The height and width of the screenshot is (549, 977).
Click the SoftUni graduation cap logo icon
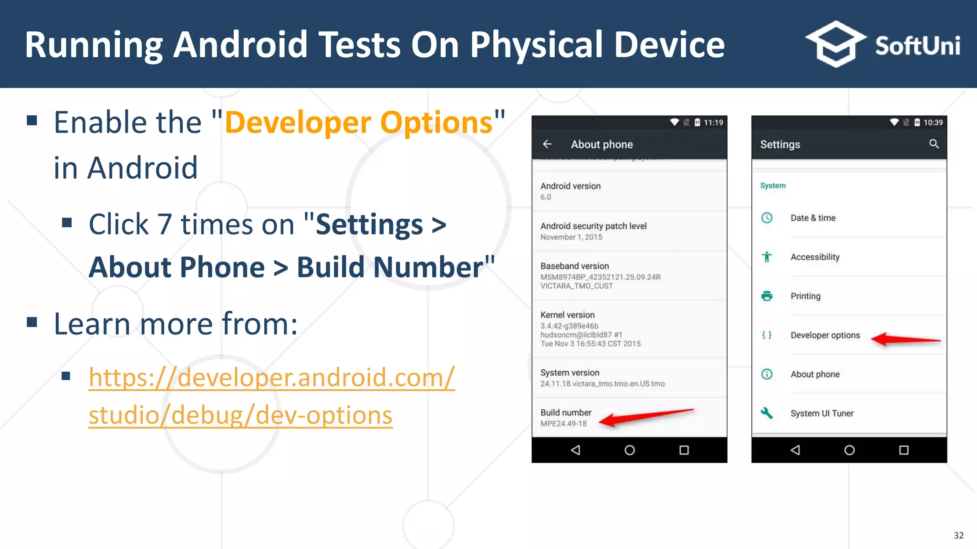[835, 44]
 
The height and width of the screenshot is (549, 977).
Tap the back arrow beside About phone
[547, 144]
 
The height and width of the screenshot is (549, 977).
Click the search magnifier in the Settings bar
[934, 144]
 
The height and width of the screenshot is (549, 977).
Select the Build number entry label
[566, 413]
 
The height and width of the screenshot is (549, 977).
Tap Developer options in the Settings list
[825, 335]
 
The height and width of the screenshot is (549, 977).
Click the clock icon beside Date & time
[767, 218]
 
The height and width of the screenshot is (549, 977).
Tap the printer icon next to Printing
[767, 296]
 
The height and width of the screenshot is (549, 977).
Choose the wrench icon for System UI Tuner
[767, 413]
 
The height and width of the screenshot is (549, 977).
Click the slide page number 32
[958, 536]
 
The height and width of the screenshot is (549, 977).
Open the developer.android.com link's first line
[271, 377]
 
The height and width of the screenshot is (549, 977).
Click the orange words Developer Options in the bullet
[358, 123]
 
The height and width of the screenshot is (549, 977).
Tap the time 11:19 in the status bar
[713, 122]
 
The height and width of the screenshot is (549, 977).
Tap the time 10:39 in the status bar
[933, 122]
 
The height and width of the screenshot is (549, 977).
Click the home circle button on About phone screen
[630, 450]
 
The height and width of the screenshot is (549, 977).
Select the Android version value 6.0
[546, 197]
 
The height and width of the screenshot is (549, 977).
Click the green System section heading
[773, 186]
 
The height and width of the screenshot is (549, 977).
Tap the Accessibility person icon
[767, 257]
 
